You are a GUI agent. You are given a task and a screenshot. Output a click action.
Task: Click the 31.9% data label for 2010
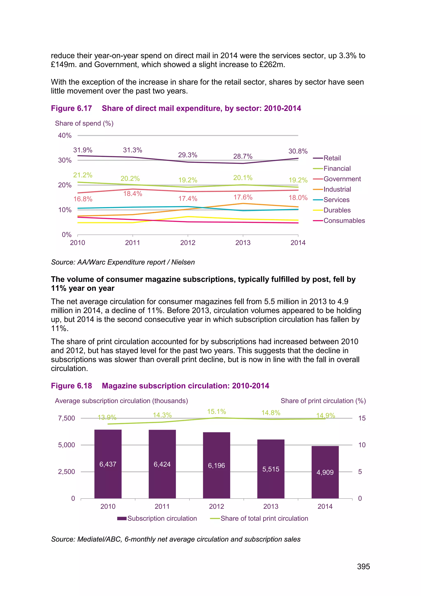(83, 150)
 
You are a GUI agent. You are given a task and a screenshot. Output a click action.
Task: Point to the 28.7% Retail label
(243, 156)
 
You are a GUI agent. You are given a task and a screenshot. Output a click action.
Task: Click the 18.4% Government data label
(132, 194)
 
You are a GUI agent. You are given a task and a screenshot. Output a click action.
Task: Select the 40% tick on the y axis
(65, 135)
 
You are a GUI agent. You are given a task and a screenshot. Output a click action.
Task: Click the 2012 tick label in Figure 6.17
(188, 243)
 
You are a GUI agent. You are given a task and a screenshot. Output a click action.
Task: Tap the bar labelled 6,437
(108, 464)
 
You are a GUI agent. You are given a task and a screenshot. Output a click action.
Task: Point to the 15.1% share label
(216, 412)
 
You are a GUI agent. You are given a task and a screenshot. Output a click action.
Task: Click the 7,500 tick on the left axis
(66, 418)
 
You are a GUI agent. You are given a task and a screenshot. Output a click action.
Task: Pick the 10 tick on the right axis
(362, 445)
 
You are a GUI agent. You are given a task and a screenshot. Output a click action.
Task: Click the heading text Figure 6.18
(71, 386)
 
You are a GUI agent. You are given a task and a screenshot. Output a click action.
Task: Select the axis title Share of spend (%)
(84, 123)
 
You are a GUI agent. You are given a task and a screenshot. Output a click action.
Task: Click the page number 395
(363, 566)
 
